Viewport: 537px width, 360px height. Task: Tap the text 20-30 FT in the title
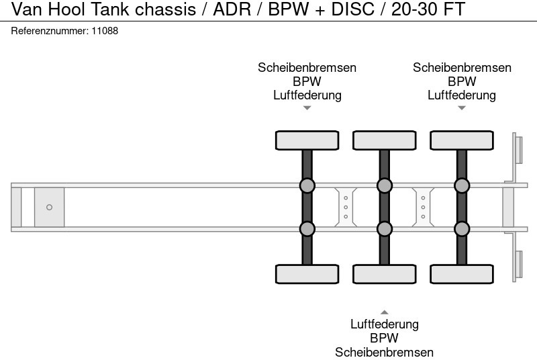pyautogui.click(x=428, y=10)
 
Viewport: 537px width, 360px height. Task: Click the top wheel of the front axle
pyautogui.click(x=307, y=140)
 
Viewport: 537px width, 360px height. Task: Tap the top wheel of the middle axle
pyautogui.click(x=384, y=140)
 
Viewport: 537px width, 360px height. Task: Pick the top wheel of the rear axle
pyautogui.click(x=461, y=140)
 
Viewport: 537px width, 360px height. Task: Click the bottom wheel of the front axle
pyautogui.click(x=307, y=274)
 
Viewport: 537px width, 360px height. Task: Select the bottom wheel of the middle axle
pyautogui.click(x=384, y=274)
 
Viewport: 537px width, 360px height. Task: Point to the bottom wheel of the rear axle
pyautogui.click(x=461, y=274)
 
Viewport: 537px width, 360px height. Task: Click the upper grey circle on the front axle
pyautogui.click(x=307, y=185)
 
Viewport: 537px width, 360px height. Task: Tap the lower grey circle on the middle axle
pyautogui.click(x=384, y=229)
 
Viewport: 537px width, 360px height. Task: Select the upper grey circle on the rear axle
pyautogui.click(x=461, y=185)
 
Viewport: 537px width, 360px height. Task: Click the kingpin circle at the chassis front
pyautogui.click(x=49, y=207)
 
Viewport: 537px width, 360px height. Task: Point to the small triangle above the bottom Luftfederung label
pyautogui.click(x=384, y=312)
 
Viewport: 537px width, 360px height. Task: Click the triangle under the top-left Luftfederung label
pyautogui.click(x=307, y=107)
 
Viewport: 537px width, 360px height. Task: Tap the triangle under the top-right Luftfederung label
pyautogui.click(x=461, y=107)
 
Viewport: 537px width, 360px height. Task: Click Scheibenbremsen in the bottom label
pyautogui.click(x=385, y=352)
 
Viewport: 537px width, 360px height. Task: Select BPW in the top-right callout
pyautogui.click(x=462, y=81)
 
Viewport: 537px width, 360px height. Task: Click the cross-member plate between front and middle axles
pyautogui.click(x=345, y=207)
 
